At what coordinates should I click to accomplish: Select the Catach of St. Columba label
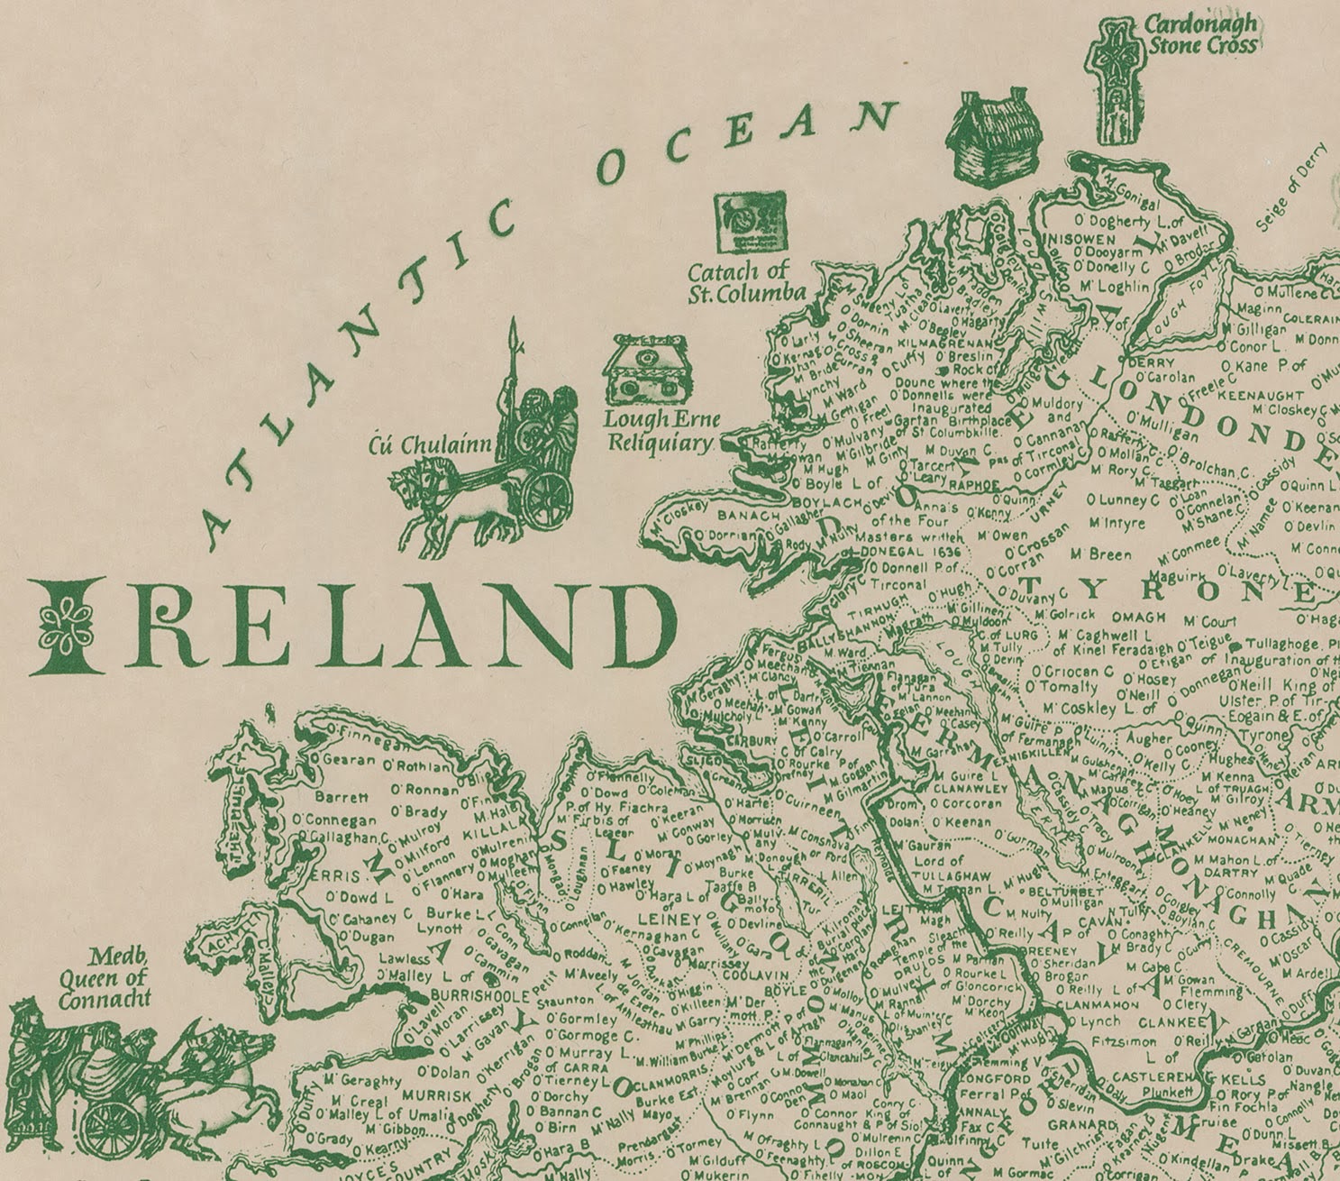coord(746,281)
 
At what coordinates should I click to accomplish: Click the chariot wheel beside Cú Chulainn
coord(549,498)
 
